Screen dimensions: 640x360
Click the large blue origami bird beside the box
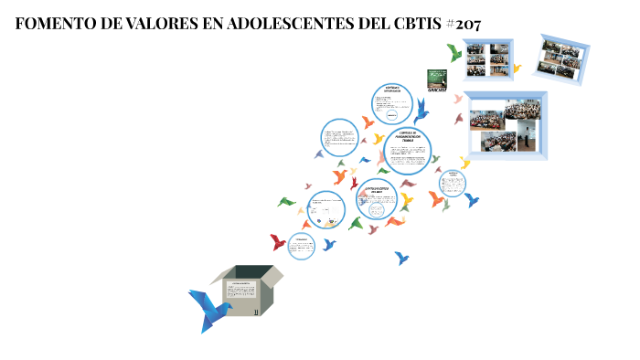click(208, 308)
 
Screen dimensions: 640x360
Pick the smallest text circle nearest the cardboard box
click(302, 243)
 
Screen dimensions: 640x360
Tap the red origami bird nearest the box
click(278, 242)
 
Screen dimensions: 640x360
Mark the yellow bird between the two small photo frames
click(517, 68)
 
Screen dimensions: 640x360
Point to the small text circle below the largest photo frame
click(452, 183)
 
